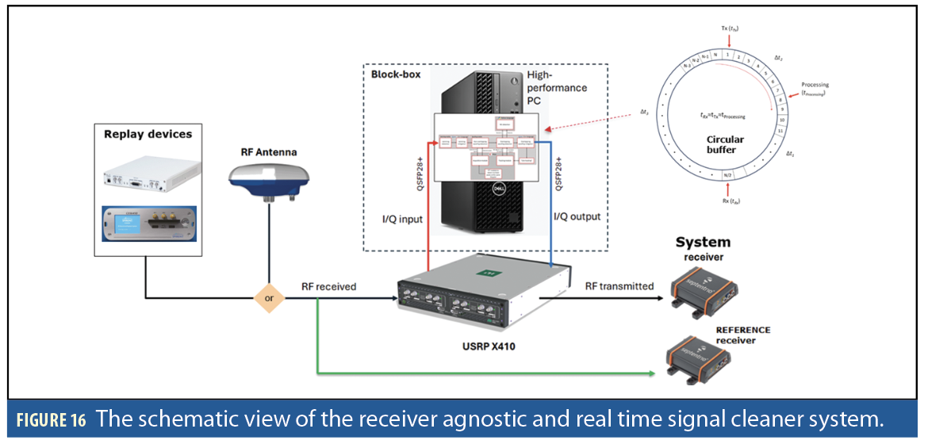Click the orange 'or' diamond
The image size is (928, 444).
(269, 299)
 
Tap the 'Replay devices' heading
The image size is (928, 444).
(148, 134)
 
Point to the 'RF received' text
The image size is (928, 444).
(329, 286)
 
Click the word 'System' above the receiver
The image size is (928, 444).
(702, 242)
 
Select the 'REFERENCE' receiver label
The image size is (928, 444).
(742, 330)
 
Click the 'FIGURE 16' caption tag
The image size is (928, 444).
(49, 420)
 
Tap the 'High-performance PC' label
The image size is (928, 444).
(557, 87)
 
